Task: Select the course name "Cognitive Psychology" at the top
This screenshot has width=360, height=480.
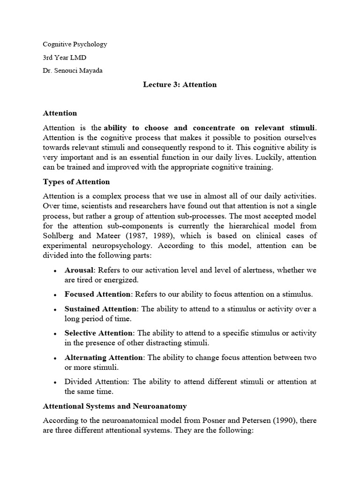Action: [75, 44]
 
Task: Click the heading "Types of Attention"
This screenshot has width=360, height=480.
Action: [76, 182]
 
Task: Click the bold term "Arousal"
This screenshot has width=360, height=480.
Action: [80, 270]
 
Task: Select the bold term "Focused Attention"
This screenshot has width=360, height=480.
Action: [97, 294]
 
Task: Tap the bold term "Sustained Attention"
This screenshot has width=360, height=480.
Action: [101, 309]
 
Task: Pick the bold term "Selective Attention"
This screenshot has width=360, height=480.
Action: [99, 333]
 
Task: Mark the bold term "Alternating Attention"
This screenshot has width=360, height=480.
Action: [104, 357]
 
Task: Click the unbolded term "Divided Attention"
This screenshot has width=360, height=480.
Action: [97, 382]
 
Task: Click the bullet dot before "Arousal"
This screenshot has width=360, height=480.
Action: [55, 270]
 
